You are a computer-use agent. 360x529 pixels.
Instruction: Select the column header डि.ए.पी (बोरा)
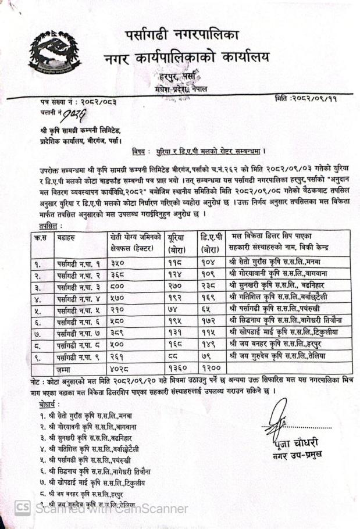point(209,242)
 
